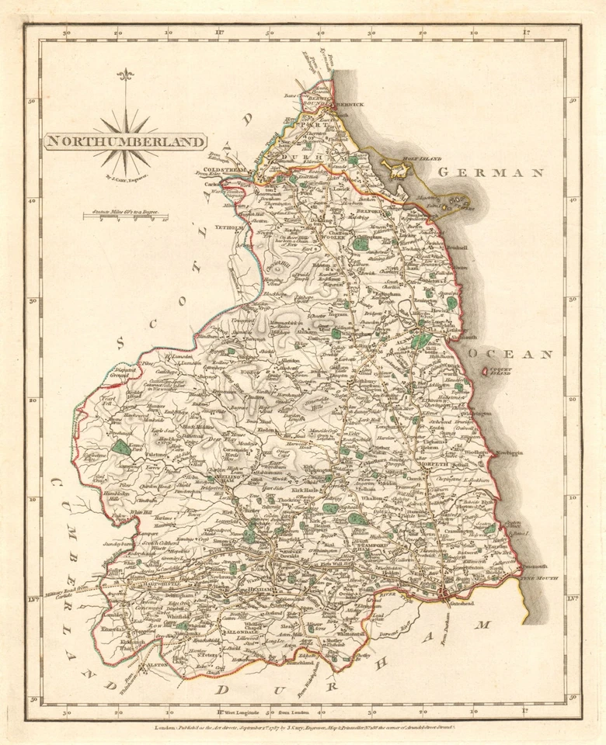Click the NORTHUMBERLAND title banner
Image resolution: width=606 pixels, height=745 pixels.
[x=125, y=141]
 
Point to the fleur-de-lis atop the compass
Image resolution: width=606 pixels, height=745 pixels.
[x=124, y=75]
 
